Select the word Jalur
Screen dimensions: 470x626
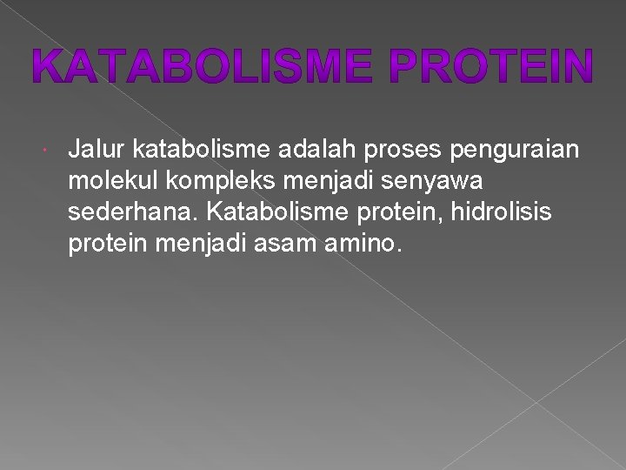coord(97,151)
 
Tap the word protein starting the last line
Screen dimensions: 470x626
coord(110,245)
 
